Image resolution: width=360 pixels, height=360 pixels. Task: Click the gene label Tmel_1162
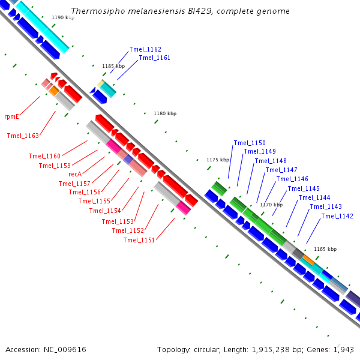point(145,49)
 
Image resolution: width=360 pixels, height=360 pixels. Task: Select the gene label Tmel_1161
point(155,58)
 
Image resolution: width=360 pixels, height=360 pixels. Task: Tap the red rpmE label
point(11,116)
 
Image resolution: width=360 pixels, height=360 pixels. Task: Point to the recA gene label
point(75,174)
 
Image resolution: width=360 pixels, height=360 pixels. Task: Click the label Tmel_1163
point(23,136)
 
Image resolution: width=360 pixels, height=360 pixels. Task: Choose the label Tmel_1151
point(139,240)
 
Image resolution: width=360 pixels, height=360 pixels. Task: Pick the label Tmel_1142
point(337,216)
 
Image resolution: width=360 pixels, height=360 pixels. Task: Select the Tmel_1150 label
point(250,143)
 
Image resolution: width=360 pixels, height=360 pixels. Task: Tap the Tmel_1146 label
point(292,179)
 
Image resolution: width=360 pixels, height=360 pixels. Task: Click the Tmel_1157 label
point(74,184)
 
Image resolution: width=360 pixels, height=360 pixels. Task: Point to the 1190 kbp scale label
point(63,17)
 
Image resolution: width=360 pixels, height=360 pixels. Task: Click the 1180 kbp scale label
point(165,113)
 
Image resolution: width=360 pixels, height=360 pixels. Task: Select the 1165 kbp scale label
point(325,249)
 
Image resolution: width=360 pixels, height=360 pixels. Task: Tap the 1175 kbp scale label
point(218,160)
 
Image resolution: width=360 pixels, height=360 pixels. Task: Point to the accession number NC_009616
point(65,350)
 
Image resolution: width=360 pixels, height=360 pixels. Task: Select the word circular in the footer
point(206,350)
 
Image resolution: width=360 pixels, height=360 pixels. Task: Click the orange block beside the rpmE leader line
point(54,91)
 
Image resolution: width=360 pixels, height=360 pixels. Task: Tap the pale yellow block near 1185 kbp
point(101,83)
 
